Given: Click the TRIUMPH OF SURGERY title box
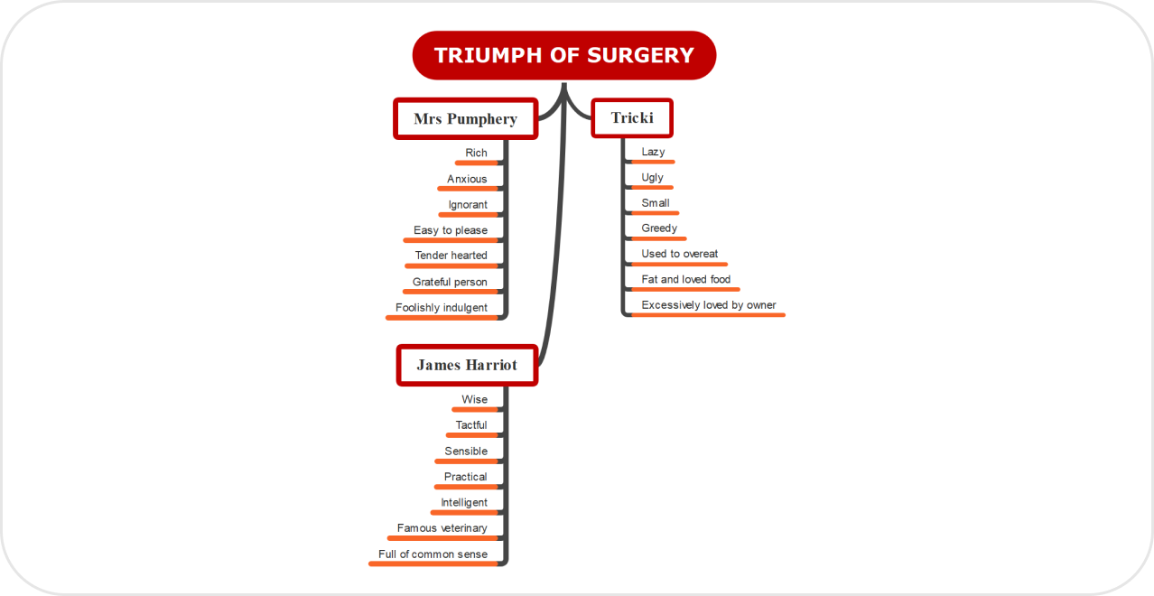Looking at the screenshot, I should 563,55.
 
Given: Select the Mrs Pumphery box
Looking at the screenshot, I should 465,118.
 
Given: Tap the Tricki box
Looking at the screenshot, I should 632,117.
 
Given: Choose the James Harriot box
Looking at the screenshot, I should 467,365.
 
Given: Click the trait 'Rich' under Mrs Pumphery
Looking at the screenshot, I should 476,153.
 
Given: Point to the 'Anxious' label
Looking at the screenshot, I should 467,179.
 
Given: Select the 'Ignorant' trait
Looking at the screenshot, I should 468,205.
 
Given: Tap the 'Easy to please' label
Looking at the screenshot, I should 451,230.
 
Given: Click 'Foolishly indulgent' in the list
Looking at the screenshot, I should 442,308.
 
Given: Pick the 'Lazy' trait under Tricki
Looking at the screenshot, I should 653,152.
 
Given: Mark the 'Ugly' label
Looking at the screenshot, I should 652,177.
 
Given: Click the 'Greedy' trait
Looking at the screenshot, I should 659,228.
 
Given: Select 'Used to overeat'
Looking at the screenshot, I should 680,254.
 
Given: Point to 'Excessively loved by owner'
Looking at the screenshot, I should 709,305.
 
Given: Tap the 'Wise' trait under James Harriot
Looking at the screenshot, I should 474,399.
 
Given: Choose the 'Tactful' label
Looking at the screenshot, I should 471,425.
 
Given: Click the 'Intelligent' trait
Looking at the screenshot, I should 464,502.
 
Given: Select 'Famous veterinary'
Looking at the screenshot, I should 442,528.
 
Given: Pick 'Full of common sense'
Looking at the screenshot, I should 433,554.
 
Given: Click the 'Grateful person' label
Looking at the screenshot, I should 450,282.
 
